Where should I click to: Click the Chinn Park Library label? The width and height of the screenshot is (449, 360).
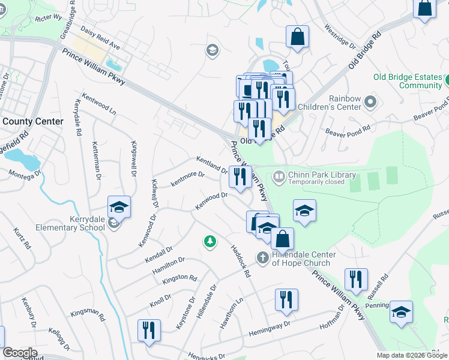tap(322, 175)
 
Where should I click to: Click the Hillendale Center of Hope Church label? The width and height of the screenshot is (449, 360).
tap(301, 259)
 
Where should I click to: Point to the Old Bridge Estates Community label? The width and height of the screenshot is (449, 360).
tap(408, 81)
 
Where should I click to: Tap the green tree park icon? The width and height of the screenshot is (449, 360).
tap(209, 241)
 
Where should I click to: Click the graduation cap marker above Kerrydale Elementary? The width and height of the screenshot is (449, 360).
tap(119, 207)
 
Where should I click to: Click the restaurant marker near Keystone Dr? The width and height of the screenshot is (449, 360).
tap(148, 330)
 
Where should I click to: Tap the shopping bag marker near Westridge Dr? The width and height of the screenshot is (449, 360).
tap(297, 37)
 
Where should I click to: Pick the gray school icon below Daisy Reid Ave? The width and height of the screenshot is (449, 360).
tap(212, 50)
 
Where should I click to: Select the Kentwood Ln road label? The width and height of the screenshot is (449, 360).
tap(99, 104)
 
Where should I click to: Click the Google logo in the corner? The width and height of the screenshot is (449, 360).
tap(20, 352)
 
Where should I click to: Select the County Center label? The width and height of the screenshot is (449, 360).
tap(32, 121)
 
